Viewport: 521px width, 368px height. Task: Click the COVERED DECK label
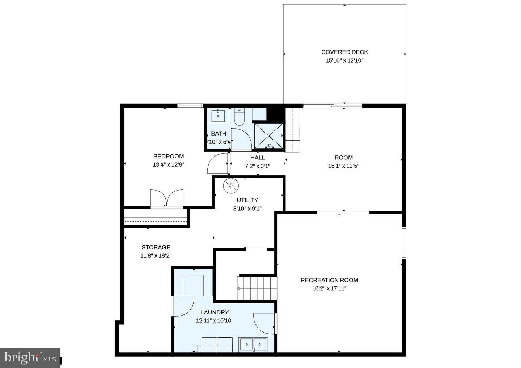[x=344, y=52]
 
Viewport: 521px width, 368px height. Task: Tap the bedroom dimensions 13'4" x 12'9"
[x=169, y=165]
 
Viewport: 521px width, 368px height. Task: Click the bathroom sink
[x=218, y=115]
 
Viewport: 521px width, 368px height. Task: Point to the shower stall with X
[x=269, y=136]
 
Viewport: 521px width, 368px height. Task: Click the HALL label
[x=258, y=158]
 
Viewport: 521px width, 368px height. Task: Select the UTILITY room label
[x=247, y=200]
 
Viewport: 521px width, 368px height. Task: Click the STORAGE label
[x=156, y=248]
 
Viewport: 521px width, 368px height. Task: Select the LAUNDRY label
[x=215, y=312]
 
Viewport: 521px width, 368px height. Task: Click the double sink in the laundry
[x=253, y=344]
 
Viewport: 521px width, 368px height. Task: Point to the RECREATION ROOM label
[x=329, y=280]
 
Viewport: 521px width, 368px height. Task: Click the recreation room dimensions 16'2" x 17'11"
[x=329, y=288]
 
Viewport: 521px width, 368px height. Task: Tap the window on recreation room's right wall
[x=404, y=243]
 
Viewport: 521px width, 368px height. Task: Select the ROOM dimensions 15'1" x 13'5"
[x=343, y=166]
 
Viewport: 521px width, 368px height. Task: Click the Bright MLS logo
[x=30, y=358]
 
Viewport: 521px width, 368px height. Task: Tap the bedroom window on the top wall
[x=190, y=106]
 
